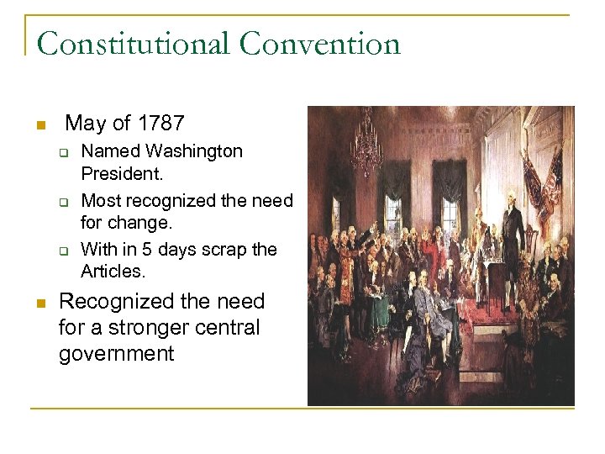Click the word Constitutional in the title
tap(134, 43)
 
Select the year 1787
tap(160, 124)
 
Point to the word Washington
tap(194, 151)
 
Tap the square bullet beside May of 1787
tap(39, 126)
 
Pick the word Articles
tap(113, 271)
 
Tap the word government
tap(116, 353)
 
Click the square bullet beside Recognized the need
tap(39, 304)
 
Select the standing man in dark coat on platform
tap(512, 227)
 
